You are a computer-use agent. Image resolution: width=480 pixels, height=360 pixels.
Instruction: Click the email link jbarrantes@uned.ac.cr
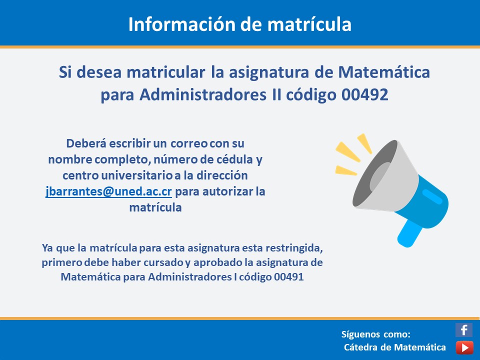click(x=108, y=191)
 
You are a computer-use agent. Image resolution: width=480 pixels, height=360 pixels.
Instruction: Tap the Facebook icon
click(x=464, y=330)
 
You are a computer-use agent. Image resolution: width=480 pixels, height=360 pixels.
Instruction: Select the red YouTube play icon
click(x=464, y=348)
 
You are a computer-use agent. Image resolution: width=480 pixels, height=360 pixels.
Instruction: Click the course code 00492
click(x=365, y=94)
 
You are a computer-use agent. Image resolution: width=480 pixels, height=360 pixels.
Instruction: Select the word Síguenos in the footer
click(x=360, y=334)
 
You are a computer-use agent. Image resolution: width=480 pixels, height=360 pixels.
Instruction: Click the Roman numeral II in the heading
click(x=276, y=94)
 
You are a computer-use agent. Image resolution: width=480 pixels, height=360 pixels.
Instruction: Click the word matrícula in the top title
click(x=309, y=24)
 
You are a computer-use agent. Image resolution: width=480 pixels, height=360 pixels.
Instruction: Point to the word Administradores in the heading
click(x=203, y=94)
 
